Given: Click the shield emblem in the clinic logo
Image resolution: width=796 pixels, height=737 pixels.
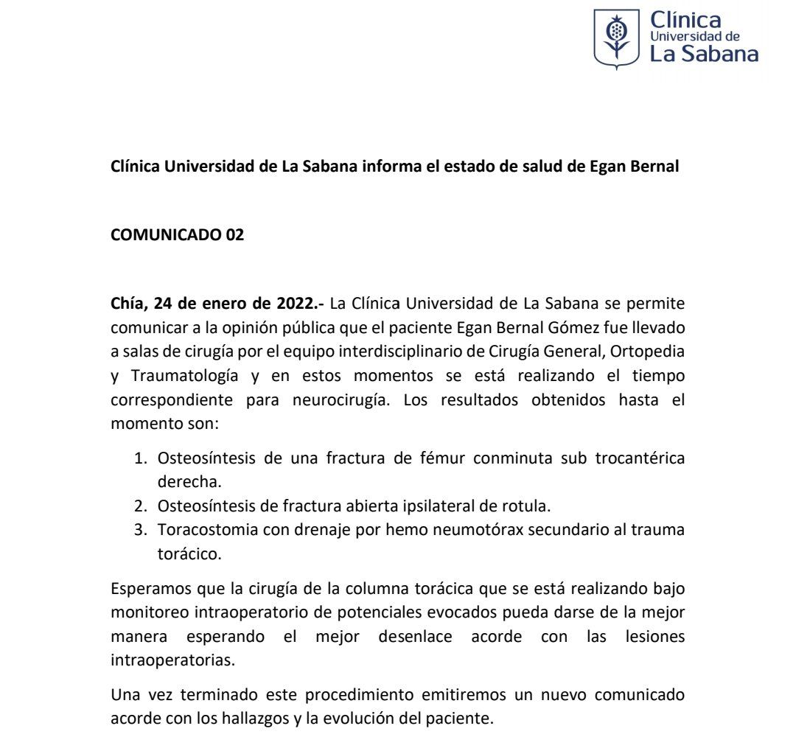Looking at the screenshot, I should (617, 38).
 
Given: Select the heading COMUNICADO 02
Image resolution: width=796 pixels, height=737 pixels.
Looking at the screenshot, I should (177, 235).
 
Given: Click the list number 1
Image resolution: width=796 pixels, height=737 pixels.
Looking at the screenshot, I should (139, 458).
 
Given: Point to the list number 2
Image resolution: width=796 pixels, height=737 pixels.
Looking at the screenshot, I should (139, 506).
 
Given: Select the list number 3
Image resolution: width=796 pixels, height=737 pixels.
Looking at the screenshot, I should (139, 529).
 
